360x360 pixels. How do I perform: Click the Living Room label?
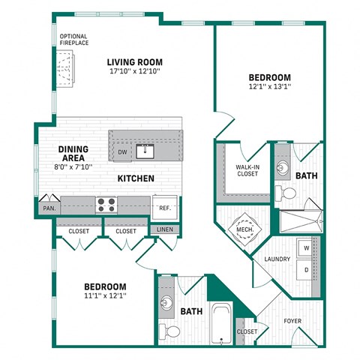(x=135, y=62)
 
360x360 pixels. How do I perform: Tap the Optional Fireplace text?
(x=74, y=40)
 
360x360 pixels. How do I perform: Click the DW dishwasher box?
(x=122, y=152)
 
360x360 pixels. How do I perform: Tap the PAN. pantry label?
(x=49, y=208)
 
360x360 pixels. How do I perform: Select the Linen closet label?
(x=163, y=229)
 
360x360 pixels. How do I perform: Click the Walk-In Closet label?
(x=247, y=170)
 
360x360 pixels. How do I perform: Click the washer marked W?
(x=306, y=247)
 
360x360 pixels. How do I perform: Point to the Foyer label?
(x=292, y=322)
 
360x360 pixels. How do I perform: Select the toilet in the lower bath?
(x=172, y=331)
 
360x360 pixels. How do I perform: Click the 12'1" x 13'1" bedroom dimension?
(x=270, y=86)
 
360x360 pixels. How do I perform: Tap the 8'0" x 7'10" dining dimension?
(x=79, y=167)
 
